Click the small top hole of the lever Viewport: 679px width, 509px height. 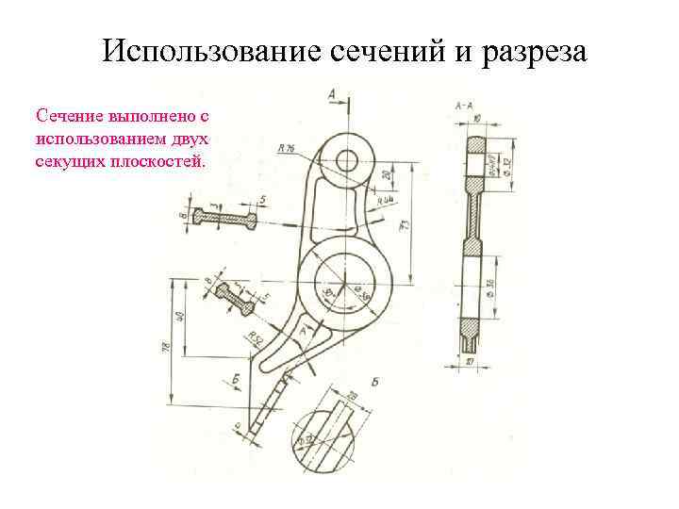(346, 158)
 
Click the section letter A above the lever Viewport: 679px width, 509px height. (333, 92)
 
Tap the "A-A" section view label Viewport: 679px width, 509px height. (464, 107)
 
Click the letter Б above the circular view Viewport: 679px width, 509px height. (374, 382)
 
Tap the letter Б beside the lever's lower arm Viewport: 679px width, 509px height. (237, 380)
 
